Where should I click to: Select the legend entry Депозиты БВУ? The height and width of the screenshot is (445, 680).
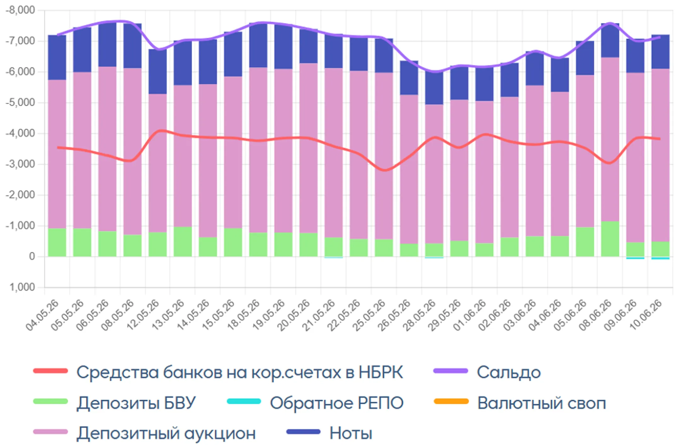(x=115, y=403)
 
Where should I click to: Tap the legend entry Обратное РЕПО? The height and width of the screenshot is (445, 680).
(x=315, y=403)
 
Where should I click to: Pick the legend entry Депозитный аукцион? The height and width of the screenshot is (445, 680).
(x=144, y=433)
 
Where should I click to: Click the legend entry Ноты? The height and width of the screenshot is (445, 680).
(x=329, y=433)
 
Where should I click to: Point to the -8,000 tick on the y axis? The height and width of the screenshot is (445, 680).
(x=20, y=10)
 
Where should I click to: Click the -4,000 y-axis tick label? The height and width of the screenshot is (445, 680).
(x=20, y=134)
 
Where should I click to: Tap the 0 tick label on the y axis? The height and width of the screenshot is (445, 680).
(x=32, y=257)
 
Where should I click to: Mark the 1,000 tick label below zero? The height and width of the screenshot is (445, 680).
(x=22, y=287)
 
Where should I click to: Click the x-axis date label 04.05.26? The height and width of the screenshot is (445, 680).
(x=42, y=316)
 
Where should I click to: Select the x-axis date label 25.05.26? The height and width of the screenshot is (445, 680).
(x=369, y=316)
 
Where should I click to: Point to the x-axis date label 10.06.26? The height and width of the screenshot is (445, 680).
(x=645, y=316)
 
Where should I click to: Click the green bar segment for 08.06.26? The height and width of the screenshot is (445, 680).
(x=610, y=239)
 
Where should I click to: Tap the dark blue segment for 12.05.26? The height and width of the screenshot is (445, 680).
(x=158, y=71)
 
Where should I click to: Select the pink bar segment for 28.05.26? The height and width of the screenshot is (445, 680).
(x=434, y=174)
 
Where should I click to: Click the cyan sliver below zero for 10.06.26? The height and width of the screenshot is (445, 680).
(x=660, y=258)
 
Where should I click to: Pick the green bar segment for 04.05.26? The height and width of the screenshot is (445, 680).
(x=57, y=242)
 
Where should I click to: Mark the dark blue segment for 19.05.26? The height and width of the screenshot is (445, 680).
(x=283, y=47)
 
